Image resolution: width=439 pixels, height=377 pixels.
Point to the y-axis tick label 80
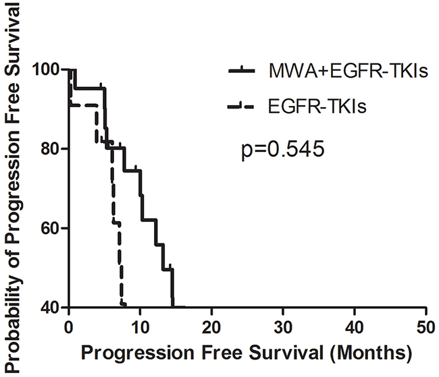pyautogui.click(x=53, y=148)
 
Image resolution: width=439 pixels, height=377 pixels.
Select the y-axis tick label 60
pyautogui.click(x=53, y=228)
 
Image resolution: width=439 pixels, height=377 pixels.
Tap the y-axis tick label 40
pyautogui.click(x=53, y=308)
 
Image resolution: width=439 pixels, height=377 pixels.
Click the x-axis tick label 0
pyautogui.click(x=69, y=327)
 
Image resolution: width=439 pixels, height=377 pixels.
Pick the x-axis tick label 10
pyautogui.click(x=140, y=327)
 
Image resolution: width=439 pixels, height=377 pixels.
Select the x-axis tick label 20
pyautogui.click(x=211, y=327)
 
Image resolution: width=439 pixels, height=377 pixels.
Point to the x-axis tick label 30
pyautogui.click(x=283, y=327)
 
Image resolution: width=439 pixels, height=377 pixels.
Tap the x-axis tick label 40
pyautogui.click(x=355, y=327)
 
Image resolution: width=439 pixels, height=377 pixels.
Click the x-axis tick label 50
pyautogui.click(x=426, y=327)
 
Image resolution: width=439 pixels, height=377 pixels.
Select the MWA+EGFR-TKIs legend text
pyautogui.click(x=348, y=71)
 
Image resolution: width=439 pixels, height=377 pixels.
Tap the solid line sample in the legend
pyautogui.click(x=242, y=71)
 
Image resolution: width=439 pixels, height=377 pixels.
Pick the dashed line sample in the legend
pyautogui.click(x=241, y=106)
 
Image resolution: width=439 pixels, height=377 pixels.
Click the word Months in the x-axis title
pyautogui.click(x=370, y=353)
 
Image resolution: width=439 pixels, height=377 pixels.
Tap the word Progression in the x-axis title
pyautogui.click(x=138, y=353)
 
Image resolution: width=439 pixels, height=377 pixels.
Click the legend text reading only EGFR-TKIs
pyautogui.click(x=317, y=107)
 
